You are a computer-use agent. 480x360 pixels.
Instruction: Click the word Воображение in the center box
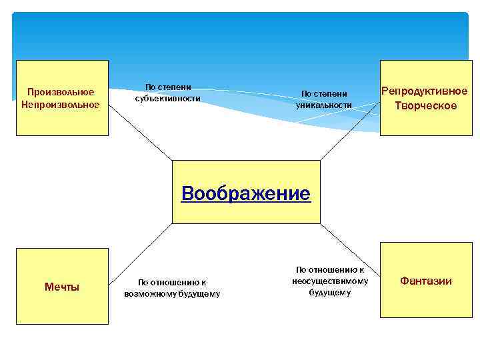245,194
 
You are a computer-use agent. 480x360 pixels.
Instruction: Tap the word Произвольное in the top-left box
61,92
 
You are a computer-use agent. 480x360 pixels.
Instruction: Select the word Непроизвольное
61,104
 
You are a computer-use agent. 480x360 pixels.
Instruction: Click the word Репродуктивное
424,91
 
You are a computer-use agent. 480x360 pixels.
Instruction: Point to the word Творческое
425,106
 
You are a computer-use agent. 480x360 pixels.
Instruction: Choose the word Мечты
62,287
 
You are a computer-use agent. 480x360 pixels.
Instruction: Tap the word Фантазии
425,281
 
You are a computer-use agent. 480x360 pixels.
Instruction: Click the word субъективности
167,98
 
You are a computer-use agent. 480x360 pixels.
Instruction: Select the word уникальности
324,105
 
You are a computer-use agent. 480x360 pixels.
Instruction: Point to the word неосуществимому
330,281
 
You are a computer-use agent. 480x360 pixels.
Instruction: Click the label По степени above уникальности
325,94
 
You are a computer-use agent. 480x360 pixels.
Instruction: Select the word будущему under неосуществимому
329,293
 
